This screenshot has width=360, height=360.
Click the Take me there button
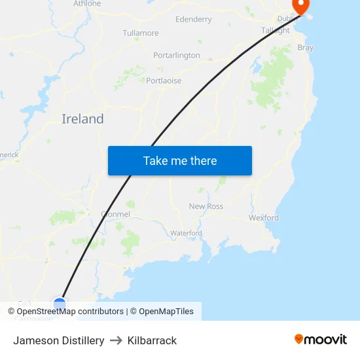pyautogui.click(x=179, y=161)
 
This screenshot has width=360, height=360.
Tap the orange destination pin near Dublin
pyautogui.click(x=301, y=7)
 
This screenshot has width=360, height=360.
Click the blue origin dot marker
pyautogui.click(x=60, y=304)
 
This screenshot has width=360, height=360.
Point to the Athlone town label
pyautogui.click(x=87, y=3)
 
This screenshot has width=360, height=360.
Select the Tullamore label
pyautogui.click(x=141, y=33)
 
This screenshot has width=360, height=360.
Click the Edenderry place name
pyautogui.click(x=194, y=20)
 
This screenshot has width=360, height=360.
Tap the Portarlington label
pyautogui.click(x=177, y=56)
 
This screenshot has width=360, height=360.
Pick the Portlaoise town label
pyautogui.click(x=164, y=81)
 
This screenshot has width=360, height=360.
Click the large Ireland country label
pyautogui.click(x=82, y=119)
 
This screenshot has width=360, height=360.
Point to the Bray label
pyautogui.click(x=306, y=48)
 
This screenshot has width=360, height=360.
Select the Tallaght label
pyautogui.click(x=276, y=31)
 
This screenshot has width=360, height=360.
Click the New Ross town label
pyautogui.click(x=206, y=206)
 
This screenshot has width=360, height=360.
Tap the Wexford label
pyautogui.click(x=263, y=217)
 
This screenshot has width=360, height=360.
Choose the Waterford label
pyautogui.click(x=186, y=233)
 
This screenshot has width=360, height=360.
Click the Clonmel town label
pyautogui.click(x=116, y=214)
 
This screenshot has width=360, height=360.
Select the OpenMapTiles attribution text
pyautogui.click(x=166, y=312)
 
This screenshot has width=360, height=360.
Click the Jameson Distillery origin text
pyautogui.click(x=59, y=340)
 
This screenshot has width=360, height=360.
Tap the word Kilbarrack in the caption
pyautogui.click(x=152, y=340)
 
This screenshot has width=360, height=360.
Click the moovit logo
pyautogui.click(x=320, y=339)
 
